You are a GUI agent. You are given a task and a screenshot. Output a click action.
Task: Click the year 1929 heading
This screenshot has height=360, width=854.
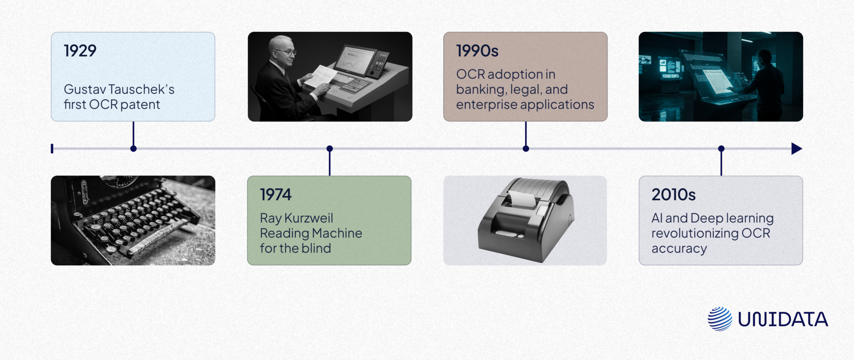click(80, 51)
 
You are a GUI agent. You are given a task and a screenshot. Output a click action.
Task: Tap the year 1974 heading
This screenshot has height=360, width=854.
click(276, 195)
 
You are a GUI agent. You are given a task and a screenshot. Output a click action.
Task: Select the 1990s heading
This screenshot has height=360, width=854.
click(477, 51)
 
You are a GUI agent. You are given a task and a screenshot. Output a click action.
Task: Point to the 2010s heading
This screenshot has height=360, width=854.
click(673, 195)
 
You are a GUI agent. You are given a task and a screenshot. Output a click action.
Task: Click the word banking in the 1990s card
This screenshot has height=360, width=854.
click(480, 90)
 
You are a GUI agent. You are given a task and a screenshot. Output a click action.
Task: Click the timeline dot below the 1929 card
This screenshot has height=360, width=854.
click(133, 149)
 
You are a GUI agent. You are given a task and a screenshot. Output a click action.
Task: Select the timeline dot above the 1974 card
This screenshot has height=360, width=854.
click(329, 149)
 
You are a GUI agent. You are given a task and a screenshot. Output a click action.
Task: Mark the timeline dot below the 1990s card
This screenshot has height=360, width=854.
click(526, 149)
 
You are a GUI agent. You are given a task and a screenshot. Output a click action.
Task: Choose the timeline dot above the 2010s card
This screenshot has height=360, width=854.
click(721, 149)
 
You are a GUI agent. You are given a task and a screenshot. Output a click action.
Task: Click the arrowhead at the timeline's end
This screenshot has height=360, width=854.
click(796, 149)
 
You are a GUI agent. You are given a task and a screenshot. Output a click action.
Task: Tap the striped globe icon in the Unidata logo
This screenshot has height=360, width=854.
click(720, 319)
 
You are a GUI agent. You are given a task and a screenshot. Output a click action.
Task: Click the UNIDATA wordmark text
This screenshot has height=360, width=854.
click(783, 320)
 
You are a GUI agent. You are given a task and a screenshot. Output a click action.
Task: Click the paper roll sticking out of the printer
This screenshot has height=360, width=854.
click(521, 199)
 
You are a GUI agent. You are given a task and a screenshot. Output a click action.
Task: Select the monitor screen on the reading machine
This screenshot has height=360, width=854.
click(354, 60)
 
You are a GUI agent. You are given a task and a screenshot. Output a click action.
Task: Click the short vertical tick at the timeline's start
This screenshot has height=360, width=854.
click(52, 149)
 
